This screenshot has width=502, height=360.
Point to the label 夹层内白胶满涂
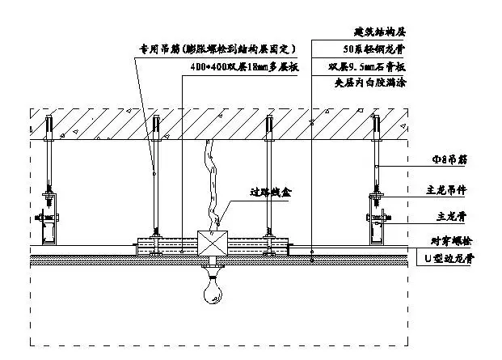click(x=368, y=83)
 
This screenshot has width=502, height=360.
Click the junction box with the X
click(x=212, y=244)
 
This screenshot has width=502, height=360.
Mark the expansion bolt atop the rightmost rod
click(x=376, y=127)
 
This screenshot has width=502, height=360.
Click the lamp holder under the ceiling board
click(x=212, y=265)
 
